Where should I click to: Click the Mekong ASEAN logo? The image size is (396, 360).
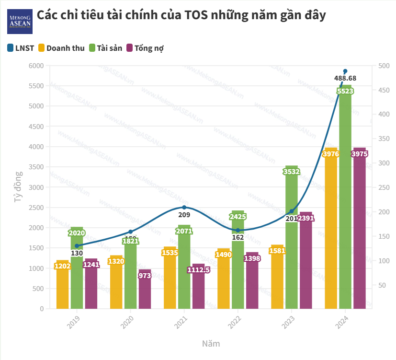click(x=20, y=21)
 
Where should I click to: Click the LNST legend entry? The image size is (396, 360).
click(x=21, y=48)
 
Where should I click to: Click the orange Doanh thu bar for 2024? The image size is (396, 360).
click(x=331, y=230)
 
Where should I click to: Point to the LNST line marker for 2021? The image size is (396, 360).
click(x=184, y=208)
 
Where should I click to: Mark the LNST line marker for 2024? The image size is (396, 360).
click(x=345, y=71)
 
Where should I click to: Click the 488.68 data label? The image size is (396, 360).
click(x=345, y=79)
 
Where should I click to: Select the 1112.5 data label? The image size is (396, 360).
click(x=199, y=270)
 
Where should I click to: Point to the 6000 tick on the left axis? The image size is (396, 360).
click(x=36, y=66)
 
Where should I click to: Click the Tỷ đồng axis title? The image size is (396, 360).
click(x=18, y=187)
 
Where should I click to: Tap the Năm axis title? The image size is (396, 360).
click(x=211, y=344)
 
